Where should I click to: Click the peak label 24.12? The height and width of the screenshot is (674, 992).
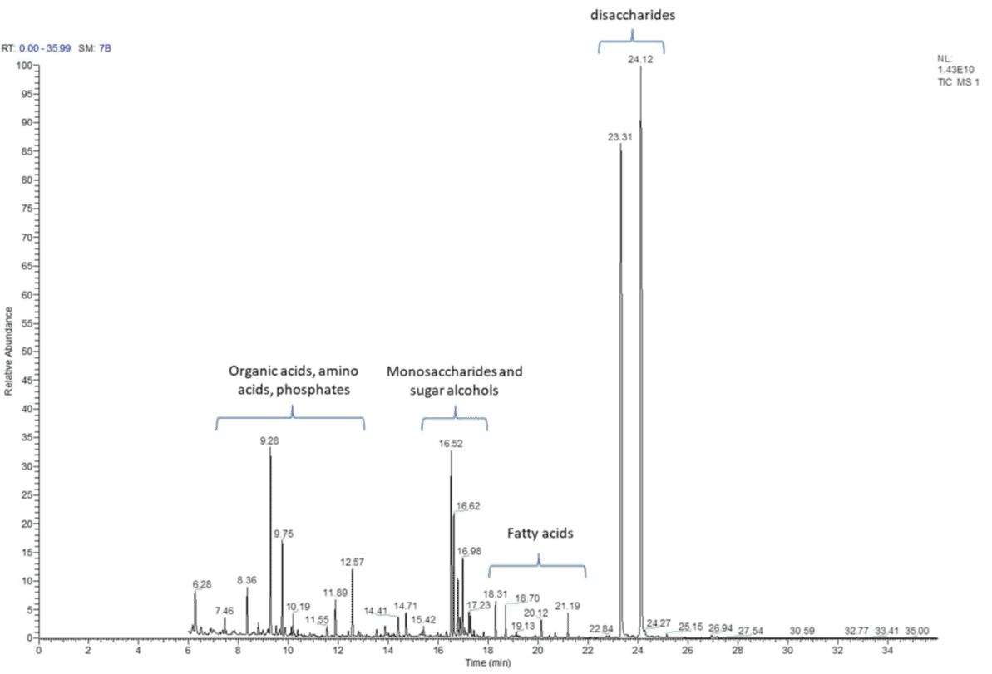640,59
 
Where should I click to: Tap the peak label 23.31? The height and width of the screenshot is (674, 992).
620,137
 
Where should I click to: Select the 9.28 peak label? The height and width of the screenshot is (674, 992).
269,441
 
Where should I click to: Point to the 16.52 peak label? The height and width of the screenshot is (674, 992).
451,444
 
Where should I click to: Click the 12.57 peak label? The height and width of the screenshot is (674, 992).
352,562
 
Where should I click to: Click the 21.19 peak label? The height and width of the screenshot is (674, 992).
567,606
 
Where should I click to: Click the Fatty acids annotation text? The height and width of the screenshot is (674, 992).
541,534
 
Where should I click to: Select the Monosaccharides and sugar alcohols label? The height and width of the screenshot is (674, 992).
455,381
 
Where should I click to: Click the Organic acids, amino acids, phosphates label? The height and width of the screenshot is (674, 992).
289,381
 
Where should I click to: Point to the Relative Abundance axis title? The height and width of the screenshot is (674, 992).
9,352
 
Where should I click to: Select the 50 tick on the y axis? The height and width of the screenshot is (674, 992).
26,352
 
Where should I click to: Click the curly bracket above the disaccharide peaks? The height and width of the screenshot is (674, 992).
631,41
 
